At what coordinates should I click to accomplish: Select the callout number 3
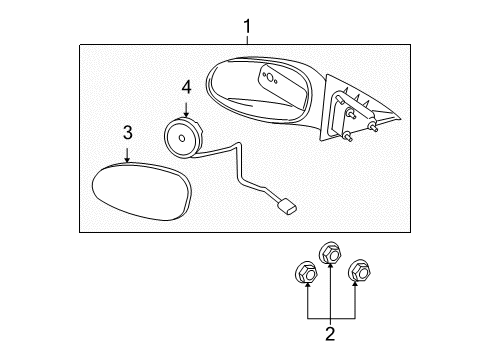(128, 133)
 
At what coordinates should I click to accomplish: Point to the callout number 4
(185, 87)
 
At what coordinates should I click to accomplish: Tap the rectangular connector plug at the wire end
(286, 207)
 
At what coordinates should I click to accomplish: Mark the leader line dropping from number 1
(247, 40)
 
